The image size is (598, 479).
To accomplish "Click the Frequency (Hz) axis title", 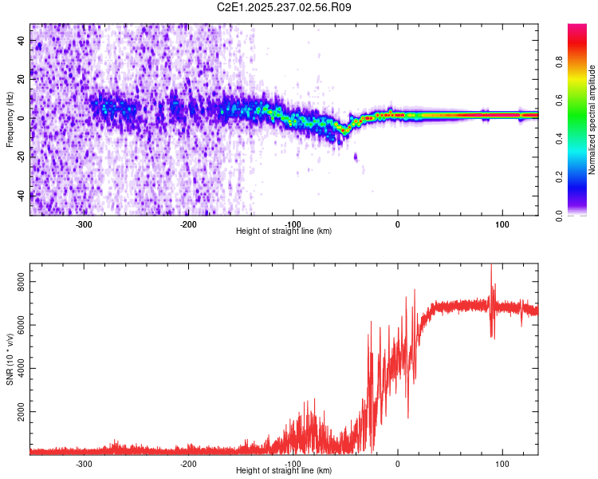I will (x=10, y=120).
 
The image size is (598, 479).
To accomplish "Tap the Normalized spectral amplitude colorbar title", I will (x=592, y=120).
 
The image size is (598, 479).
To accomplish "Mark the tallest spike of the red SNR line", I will (x=491, y=265).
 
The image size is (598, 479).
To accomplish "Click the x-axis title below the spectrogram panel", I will (x=284, y=231).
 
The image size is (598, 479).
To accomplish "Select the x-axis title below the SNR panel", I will (x=284, y=470).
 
